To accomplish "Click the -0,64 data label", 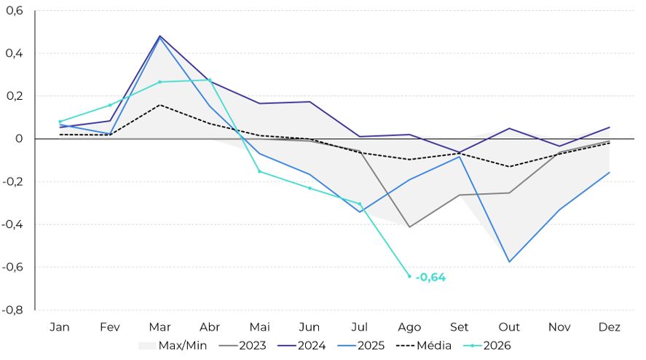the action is [430, 278].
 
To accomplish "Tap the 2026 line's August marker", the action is [409, 276].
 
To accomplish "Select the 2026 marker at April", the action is [210, 80].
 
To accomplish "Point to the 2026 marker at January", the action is [60, 122].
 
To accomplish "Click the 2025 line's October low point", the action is [510, 262].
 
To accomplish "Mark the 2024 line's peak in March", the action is [159, 36].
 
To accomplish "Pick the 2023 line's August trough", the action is [409, 227].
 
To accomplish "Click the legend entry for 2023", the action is [243, 345].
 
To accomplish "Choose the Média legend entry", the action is [424, 345].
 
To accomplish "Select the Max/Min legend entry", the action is [173, 345].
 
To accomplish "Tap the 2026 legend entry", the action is [487, 345].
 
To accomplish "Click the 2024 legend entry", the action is [302, 345].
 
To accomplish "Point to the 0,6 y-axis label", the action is [15, 11].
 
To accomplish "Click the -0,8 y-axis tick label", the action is [12, 310].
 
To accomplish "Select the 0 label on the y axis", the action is [19, 139].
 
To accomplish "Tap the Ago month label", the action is [409, 327].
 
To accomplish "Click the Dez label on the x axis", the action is [610, 327].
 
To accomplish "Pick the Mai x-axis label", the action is [259, 327].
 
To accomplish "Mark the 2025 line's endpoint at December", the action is [610, 173].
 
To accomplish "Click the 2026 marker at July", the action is [360, 204].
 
